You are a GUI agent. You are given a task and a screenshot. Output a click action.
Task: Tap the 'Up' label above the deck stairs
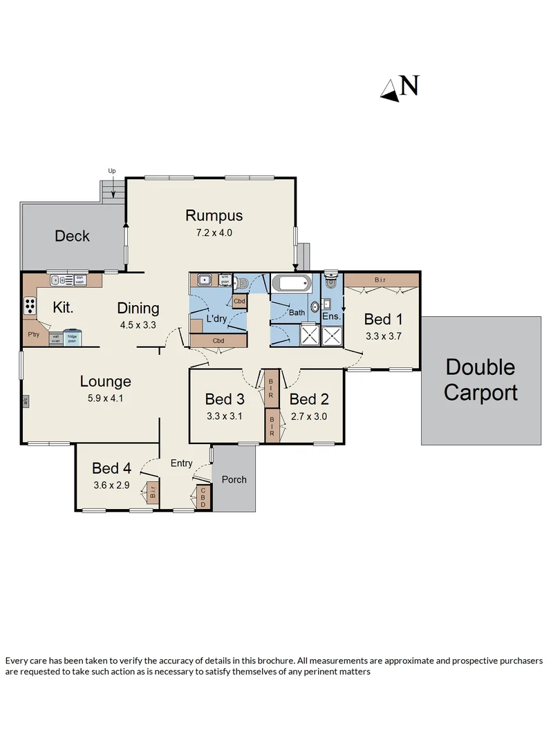[x=111, y=170]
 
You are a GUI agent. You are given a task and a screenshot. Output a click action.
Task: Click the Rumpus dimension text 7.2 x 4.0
[x=214, y=233]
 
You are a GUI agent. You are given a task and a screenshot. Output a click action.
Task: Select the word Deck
[x=72, y=236]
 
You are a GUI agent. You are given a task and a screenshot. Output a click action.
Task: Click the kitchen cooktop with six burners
[x=30, y=304]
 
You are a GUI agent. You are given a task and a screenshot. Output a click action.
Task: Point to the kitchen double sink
[x=62, y=281]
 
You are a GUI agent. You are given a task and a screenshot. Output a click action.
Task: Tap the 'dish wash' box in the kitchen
[x=80, y=281]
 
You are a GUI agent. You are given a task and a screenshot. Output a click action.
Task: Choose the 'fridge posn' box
[x=73, y=338]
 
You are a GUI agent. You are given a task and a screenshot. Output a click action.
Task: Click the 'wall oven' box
[x=55, y=339]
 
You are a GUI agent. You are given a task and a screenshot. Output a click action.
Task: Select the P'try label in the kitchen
[x=33, y=334]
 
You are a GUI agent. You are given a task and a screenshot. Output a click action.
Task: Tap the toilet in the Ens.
[x=330, y=280]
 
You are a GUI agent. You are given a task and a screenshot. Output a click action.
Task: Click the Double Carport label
[x=480, y=380]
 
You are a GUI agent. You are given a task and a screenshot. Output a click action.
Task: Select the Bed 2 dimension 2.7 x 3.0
[x=309, y=416]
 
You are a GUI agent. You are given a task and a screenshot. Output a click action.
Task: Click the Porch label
[x=234, y=479]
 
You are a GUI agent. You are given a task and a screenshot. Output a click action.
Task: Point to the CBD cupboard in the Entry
[x=203, y=497]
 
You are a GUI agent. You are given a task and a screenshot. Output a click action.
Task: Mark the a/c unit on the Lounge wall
[x=25, y=400]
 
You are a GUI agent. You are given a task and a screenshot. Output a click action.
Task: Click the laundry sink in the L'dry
[x=204, y=280]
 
